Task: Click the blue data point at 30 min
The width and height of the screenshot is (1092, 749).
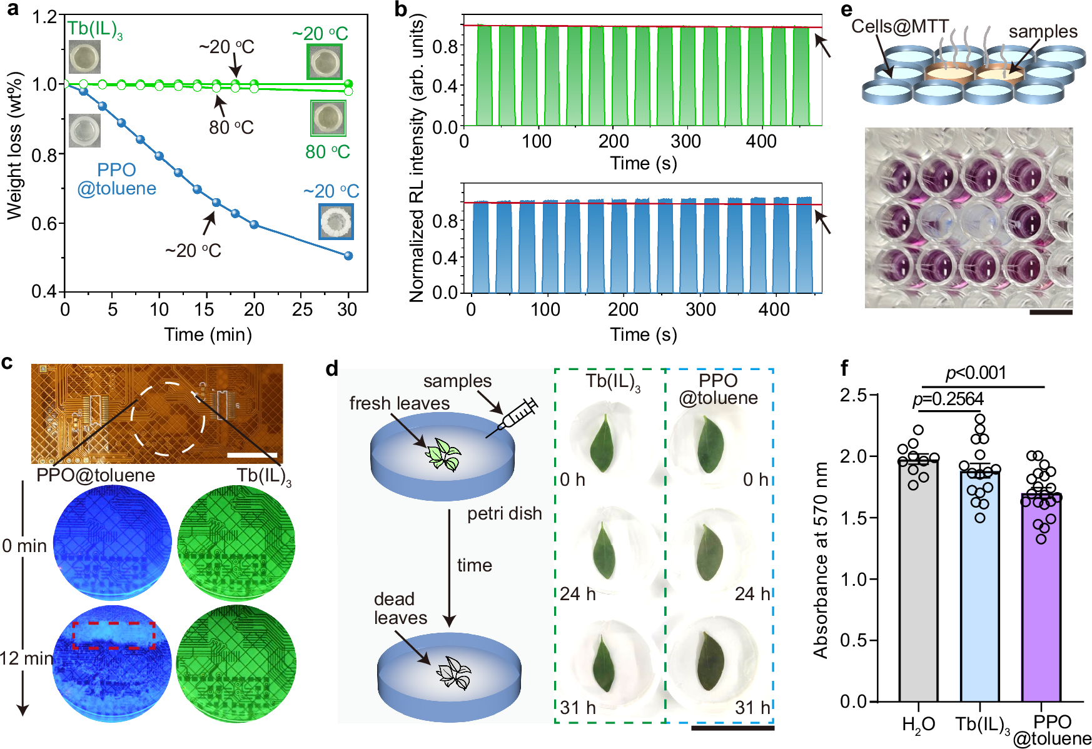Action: (x=348, y=255)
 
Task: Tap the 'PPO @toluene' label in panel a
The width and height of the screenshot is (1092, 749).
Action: (x=116, y=179)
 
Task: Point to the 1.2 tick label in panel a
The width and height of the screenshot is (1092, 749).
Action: (x=44, y=16)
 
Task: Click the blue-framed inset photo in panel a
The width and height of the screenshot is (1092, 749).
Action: (x=336, y=221)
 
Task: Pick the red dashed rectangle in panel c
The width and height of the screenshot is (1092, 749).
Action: (x=113, y=635)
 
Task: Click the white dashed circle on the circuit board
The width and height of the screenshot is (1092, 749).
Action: (x=168, y=418)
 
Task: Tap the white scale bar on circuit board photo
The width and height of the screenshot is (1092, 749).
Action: (x=252, y=455)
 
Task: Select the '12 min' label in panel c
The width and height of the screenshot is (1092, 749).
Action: (x=26, y=658)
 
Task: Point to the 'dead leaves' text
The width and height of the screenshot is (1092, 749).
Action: (x=400, y=608)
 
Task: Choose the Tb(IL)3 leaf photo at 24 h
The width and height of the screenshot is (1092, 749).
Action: (x=604, y=550)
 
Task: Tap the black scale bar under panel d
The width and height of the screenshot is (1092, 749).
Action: (x=732, y=728)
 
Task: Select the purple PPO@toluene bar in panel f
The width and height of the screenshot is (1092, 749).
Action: (x=1041, y=597)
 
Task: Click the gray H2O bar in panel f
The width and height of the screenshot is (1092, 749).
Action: (x=918, y=581)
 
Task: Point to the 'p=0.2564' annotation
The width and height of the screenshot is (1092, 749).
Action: (x=948, y=399)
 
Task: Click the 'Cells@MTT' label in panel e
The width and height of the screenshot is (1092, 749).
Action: (x=900, y=26)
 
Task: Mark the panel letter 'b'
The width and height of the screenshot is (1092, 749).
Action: (x=401, y=9)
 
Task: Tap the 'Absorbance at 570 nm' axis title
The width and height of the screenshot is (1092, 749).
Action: (x=820, y=560)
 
